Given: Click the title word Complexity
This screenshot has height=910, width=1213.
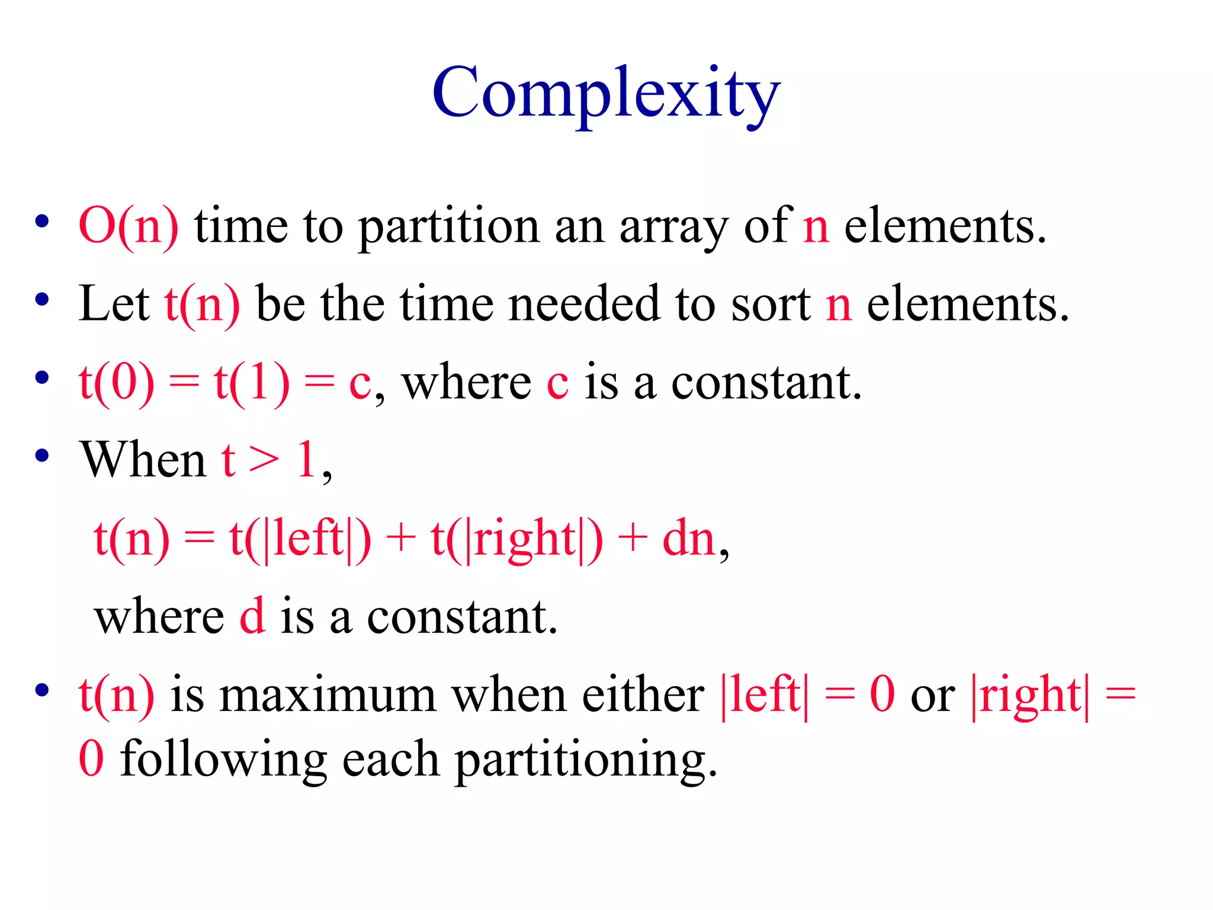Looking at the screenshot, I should click(606, 95).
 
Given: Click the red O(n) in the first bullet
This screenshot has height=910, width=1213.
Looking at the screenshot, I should click(128, 226).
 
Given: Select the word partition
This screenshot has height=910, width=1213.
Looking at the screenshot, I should click(449, 227).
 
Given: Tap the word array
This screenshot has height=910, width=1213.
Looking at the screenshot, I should click(673, 227).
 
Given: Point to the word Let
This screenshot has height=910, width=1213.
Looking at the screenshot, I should click(114, 304).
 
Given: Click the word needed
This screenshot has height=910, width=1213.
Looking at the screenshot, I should click(583, 304).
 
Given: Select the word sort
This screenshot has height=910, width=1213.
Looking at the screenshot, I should click(771, 305).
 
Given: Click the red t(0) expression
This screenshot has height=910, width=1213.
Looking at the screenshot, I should click(117, 383).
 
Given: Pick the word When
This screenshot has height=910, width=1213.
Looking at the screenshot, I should click(143, 460).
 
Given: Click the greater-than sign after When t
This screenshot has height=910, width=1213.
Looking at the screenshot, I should click(264, 460).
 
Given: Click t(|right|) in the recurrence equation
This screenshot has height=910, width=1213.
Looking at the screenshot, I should click(517, 539).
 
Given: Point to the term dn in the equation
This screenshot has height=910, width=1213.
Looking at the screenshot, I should click(688, 539).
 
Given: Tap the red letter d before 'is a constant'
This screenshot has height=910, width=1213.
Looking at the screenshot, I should click(252, 616).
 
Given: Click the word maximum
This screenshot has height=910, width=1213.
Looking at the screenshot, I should click(328, 695).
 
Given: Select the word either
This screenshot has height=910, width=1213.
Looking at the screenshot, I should click(643, 694).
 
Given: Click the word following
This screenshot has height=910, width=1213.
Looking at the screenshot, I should click(223, 760).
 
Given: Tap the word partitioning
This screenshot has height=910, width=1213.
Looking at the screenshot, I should click(585, 760).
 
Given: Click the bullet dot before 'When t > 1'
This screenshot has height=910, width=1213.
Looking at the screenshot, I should click(41, 456).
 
